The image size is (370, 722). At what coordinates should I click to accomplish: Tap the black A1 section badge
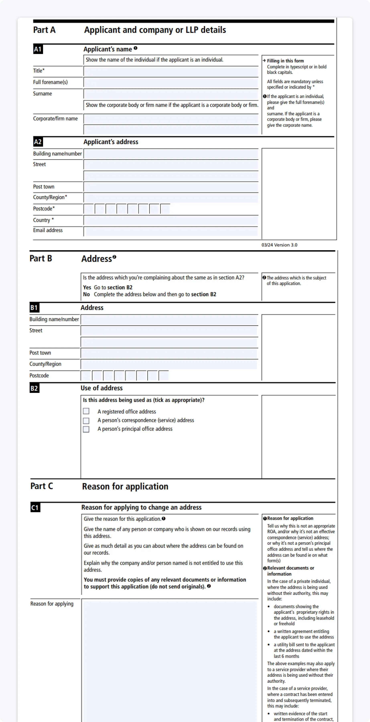click(38, 49)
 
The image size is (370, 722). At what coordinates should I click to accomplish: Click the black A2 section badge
click(38, 142)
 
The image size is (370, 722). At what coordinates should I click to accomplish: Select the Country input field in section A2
click(171, 220)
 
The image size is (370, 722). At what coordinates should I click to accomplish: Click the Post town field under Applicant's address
click(171, 187)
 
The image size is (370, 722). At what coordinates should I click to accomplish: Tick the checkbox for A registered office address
click(86, 411)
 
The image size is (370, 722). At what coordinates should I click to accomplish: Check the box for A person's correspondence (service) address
click(86, 420)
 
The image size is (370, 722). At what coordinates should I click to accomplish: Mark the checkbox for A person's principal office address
click(86, 429)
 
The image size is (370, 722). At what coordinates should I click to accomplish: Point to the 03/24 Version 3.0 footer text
click(279, 245)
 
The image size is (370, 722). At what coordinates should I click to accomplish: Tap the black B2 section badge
click(34, 388)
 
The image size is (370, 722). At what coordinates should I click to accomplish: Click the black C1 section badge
click(35, 508)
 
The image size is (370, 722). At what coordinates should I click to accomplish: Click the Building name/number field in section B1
click(169, 320)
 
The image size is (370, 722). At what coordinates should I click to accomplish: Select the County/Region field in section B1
click(169, 364)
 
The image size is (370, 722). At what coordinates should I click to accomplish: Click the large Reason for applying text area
click(170, 659)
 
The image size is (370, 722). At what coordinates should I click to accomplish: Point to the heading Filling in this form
click(285, 61)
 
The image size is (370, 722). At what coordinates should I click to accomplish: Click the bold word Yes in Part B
click(87, 287)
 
